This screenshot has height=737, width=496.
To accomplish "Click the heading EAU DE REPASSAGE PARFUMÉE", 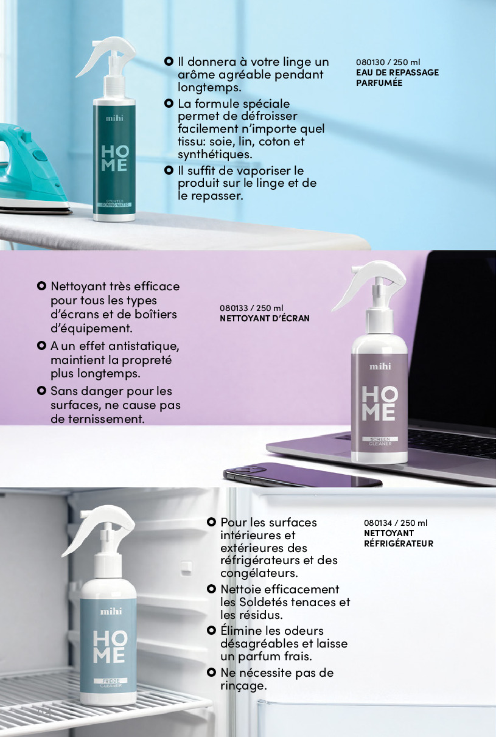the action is pos(397,78).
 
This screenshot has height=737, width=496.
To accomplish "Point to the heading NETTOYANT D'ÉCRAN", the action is pos(265,318).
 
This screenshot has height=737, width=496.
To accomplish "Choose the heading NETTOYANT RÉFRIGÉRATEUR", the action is pos(399,538).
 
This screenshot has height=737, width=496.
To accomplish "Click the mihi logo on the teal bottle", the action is pos(114,118).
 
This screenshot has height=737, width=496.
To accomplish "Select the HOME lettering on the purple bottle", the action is pos(379,403).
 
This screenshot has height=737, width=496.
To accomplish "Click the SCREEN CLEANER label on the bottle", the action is pos(380,441).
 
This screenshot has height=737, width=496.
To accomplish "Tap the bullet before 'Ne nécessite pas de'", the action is pos(211,672).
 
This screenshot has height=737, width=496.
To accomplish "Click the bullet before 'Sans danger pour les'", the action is pos(41,391).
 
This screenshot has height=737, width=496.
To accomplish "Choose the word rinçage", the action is pos(243,686).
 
